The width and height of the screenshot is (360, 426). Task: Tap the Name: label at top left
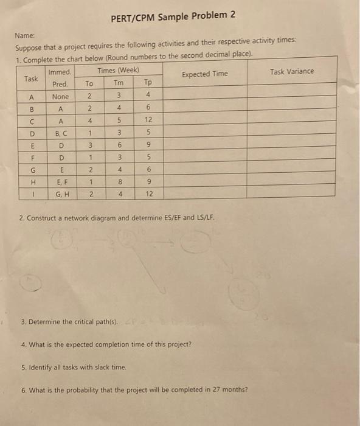[x=24, y=36]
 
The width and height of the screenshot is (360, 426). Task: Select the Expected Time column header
[x=205, y=74]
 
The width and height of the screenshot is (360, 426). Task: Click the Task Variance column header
[x=292, y=72]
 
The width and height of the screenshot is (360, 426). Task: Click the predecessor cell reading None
[x=60, y=97]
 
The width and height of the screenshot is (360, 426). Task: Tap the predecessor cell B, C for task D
[x=61, y=133]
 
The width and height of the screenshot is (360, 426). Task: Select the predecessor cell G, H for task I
[x=61, y=194]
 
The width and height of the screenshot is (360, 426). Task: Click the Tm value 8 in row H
[x=120, y=182]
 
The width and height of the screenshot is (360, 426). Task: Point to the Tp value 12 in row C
[x=148, y=121]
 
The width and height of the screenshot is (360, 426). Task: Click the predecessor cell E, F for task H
[x=61, y=182]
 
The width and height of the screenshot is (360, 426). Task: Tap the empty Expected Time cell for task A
[x=205, y=97]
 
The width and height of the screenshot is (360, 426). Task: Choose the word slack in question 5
[x=92, y=368]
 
